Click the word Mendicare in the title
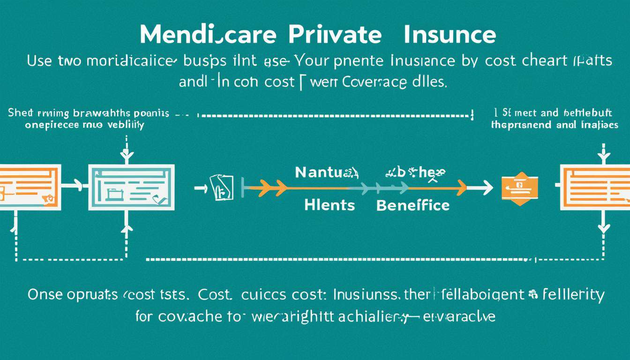tap(195, 35)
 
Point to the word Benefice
tap(413, 205)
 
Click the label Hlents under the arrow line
tap(330, 205)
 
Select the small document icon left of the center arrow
tap(222, 187)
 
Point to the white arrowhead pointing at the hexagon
tap(487, 188)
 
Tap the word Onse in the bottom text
tap(45, 295)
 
